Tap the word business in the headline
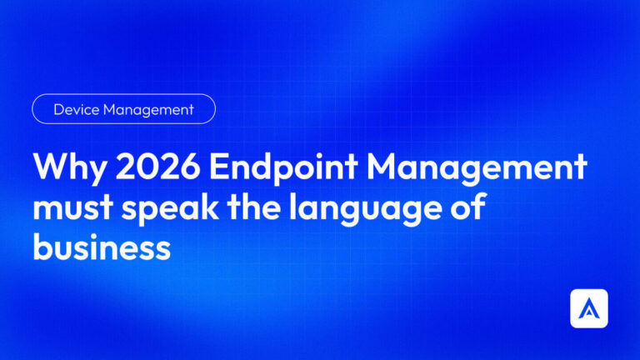pyautogui.click(x=102, y=247)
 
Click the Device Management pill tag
pyautogui.click(x=123, y=109)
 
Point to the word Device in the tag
pyautogui.click(x=75, y=109)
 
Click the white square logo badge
pyautogui.click(x=589, y=308)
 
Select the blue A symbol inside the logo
pyautogui.click(x=589, y=309)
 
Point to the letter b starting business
pyautogui.click(x=42, y=247)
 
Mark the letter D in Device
pyautogui.click(x=58, y=109)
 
